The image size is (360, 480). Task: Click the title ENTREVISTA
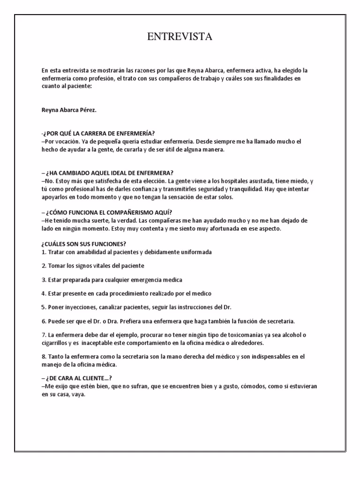coord(180,37)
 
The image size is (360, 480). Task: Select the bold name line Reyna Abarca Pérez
coord(68,111)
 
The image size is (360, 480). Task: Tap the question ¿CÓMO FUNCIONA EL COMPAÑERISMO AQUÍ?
coord(110,212)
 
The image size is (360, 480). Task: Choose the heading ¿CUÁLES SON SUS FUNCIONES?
coord(84,244)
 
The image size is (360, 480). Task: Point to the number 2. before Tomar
coord(44,266)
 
